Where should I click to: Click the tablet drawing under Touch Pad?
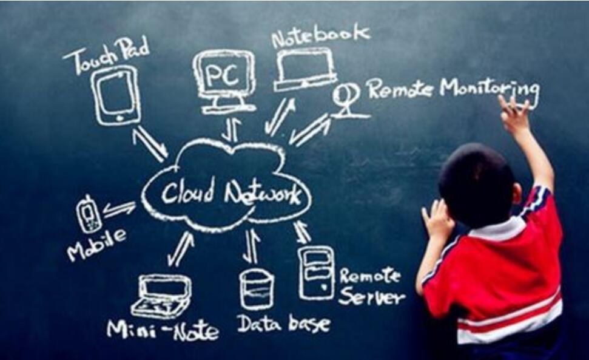116,95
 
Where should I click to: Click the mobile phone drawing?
89,214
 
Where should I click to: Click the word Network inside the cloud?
262,194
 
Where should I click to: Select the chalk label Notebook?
320,35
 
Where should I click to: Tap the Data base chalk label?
283,323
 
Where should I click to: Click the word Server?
371,297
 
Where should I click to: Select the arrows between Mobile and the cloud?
119,209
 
